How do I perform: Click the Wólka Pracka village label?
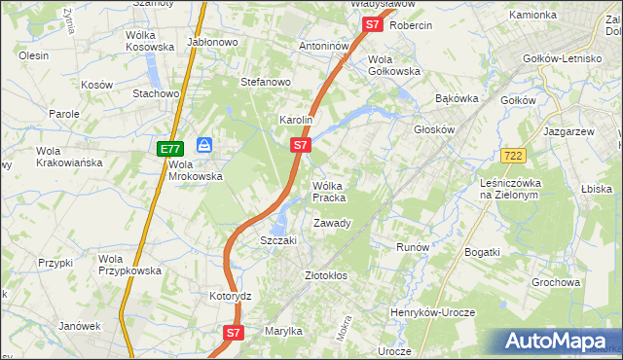pos(328,192)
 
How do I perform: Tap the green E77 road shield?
pos(169,149)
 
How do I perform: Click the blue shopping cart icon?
pos(204,145)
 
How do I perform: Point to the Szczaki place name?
pos(277,240)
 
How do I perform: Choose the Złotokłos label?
pos(326,275)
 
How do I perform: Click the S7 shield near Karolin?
pos(301,146)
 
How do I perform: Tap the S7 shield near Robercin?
pos(372,25)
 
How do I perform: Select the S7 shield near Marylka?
pos(233,333)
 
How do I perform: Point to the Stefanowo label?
pos(266,82)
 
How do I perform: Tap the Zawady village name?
pos(331,224)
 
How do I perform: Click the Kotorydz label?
pos(231,295)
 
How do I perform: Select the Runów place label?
pos(413,247)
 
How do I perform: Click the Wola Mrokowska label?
pos(196,171)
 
